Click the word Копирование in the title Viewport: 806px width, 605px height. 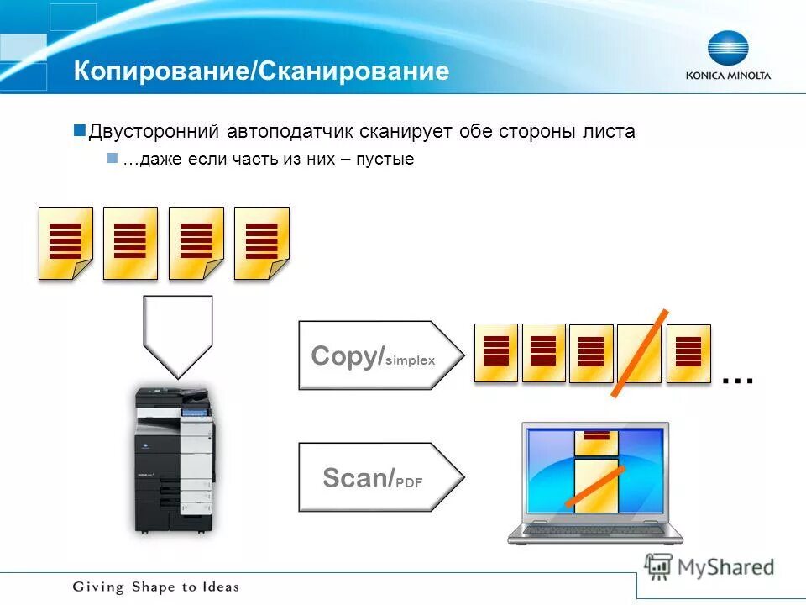pyautogui.click(x=160, y=71)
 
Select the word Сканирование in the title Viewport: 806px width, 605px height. pyautogui.click(x=353, y=71)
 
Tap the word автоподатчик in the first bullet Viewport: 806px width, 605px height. pyautogui.click(x=289, y=132)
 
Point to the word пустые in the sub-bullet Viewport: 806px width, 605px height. pyautogui.click(x=387, y=159)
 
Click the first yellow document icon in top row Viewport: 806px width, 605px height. pyautogui.click(x=65, y=242)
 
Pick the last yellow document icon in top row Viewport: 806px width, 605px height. pyautogui.click(x=261, y=242)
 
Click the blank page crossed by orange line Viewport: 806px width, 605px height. pyautogui.click(x=640, y=353)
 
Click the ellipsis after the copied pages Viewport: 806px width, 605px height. pyautogui.click(x=737, y=381)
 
